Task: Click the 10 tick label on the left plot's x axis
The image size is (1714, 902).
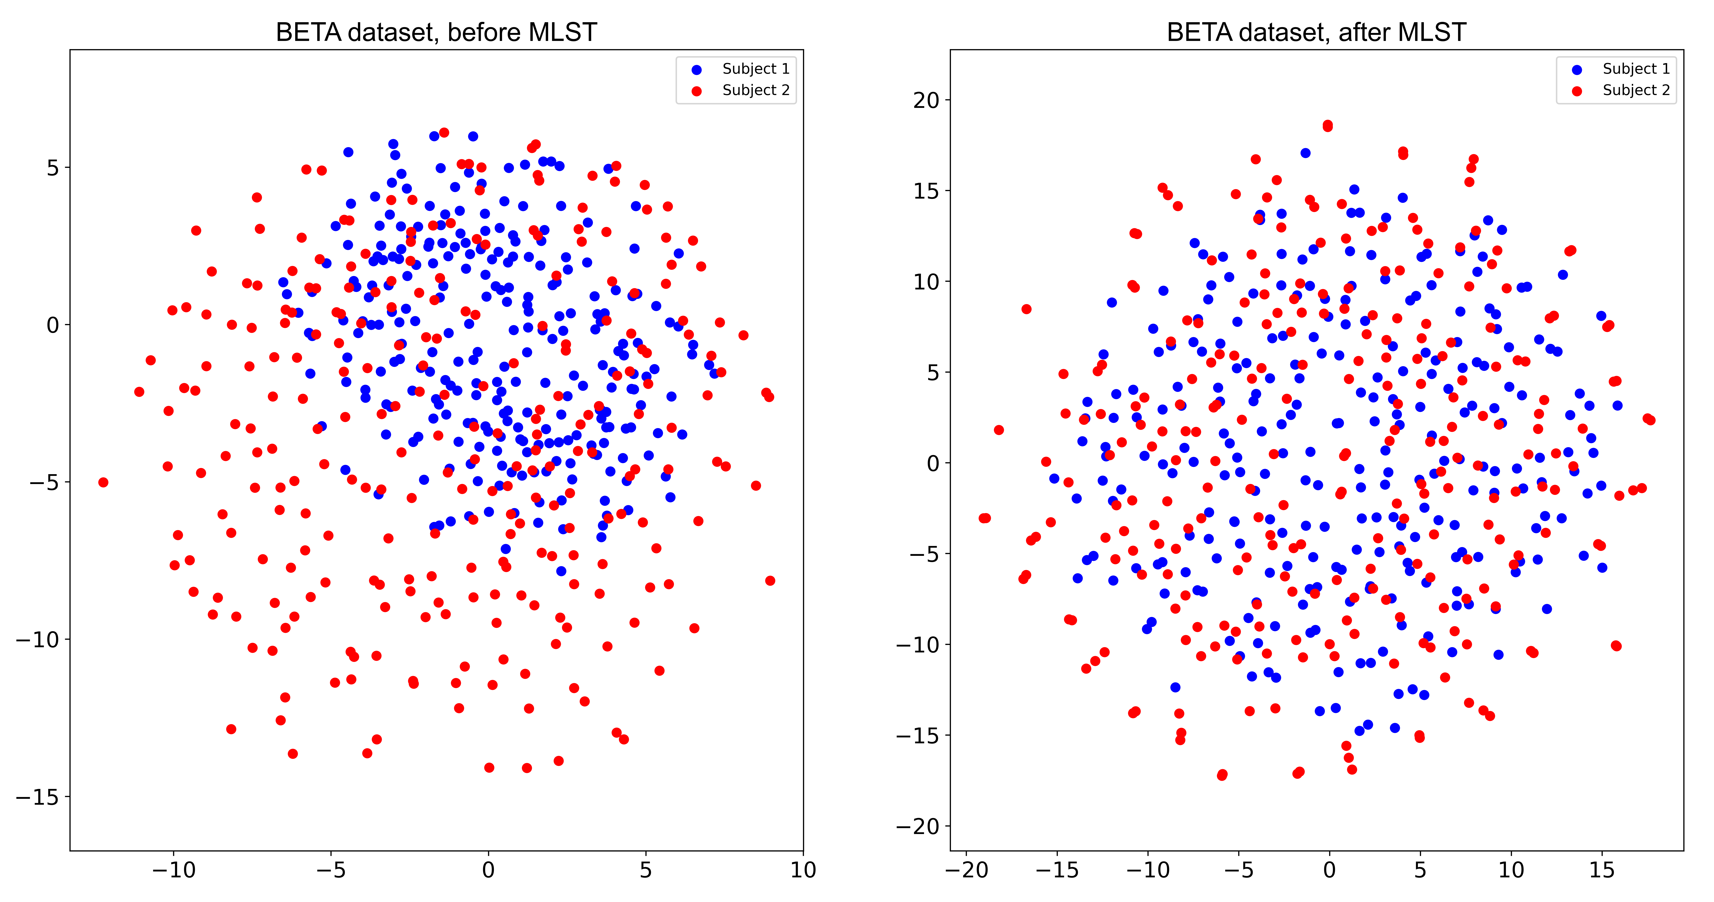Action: click(x=803, y=870)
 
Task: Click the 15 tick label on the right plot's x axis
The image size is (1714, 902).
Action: click(x=1602, y=870)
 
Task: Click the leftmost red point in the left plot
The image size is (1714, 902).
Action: click(x=103, y=482)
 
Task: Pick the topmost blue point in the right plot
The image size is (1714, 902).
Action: click(x=1305, y=153)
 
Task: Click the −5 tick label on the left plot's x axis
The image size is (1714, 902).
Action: click(x=331, y=870)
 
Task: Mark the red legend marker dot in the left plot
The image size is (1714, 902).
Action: click(x=697, y=91)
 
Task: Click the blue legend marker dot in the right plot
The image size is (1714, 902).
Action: click(x=1577, y=70)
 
